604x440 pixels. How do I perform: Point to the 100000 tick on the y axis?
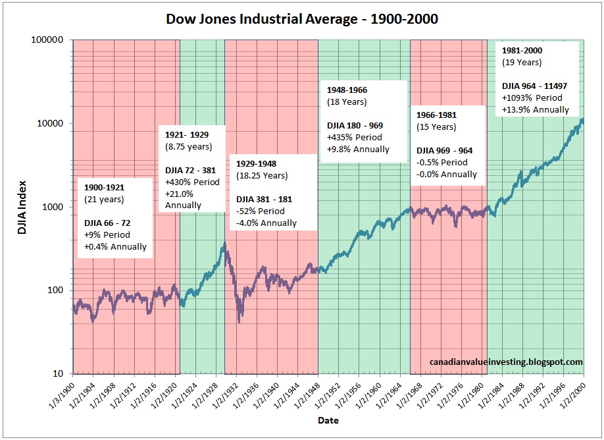(x=49, y=40)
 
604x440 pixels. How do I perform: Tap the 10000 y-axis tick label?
(x=51, y=124)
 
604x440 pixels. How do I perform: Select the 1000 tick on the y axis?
(x=54, y=207)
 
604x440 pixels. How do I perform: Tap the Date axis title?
(x=328, y=420)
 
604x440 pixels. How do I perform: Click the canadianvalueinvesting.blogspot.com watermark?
(x=506, y=362)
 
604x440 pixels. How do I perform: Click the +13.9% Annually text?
(x=535, y=109)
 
